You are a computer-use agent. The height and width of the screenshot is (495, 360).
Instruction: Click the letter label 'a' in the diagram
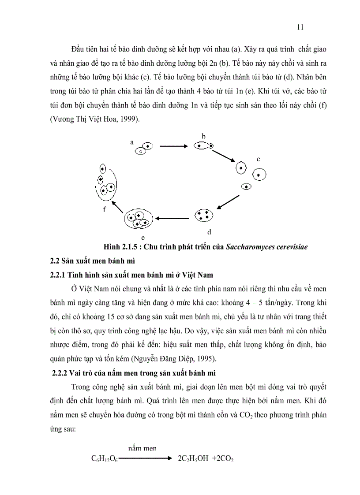(131, 142)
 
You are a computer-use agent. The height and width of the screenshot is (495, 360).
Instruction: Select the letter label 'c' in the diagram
(259, 158)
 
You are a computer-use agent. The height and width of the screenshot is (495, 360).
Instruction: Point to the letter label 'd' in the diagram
(210, 231)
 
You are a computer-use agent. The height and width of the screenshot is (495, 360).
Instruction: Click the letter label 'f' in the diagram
(105, 209)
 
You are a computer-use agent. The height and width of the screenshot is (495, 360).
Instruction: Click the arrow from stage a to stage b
(175, 146)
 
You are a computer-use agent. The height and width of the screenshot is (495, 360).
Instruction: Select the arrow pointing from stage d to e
(173, 217)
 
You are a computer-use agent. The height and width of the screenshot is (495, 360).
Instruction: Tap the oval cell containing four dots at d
(204, 216)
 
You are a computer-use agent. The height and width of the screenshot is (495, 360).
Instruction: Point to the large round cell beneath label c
(259, 175)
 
